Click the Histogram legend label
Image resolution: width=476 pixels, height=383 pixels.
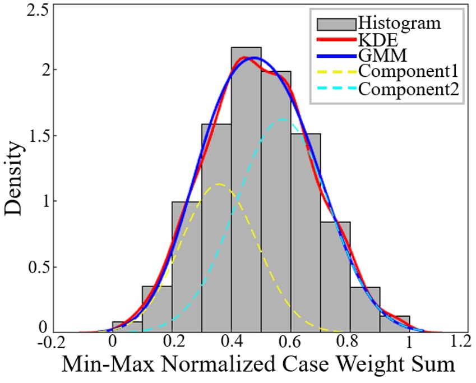tap(399, 24)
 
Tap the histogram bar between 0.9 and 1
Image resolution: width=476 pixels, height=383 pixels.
tap(394, 324)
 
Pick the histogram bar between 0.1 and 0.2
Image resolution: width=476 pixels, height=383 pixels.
tap(156, 309)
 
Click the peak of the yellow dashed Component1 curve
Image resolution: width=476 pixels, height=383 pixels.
tap(219, 184)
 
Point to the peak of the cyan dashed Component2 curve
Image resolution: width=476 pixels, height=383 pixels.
tap(282, 119)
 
